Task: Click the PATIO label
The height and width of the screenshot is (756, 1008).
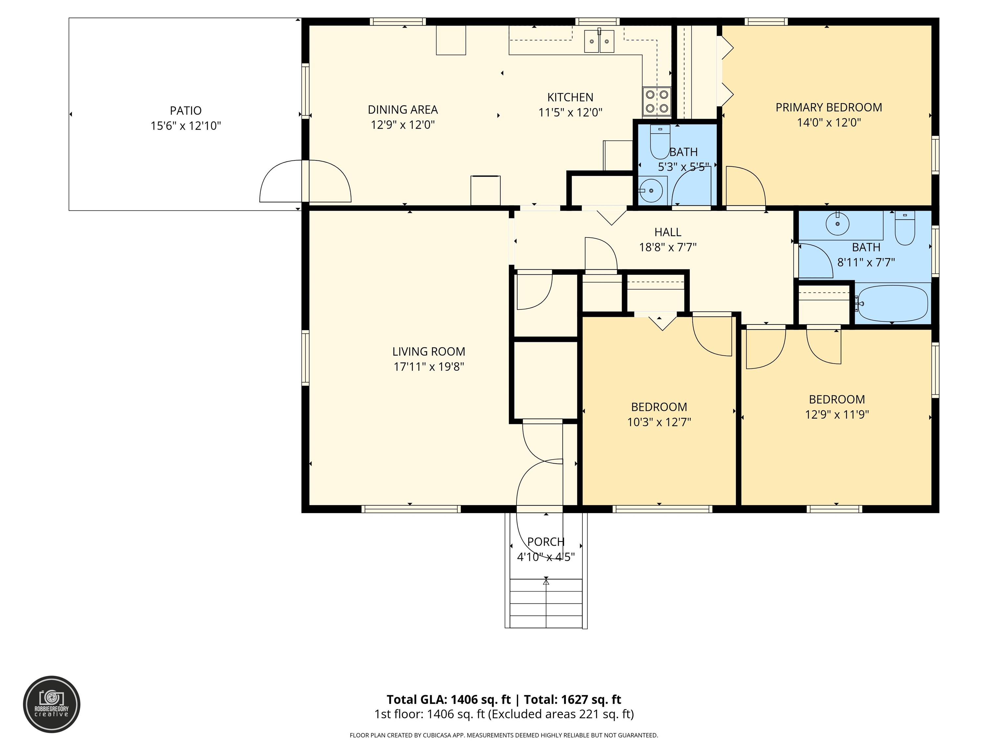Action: (x=185, y=111)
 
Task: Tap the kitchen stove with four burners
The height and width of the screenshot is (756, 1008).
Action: (x=657, y=101)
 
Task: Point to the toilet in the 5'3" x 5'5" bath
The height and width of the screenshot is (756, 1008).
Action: (x=660, y=142)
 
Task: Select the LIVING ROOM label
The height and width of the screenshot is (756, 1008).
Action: (x=429, y=352)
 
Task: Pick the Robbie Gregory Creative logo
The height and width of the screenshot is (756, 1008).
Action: (x=52, y=704)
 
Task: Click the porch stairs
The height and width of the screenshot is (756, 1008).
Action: (x=546, y=603)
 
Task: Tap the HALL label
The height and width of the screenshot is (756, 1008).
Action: (x=668, y=232)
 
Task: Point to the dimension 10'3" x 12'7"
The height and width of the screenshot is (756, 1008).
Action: (x=659, y=422)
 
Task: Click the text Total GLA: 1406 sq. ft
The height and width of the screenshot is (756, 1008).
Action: (x=449, y=700)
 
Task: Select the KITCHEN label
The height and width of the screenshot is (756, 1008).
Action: (x=570, y=97)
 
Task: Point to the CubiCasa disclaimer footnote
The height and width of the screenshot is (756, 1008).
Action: (x=504, y=735)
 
